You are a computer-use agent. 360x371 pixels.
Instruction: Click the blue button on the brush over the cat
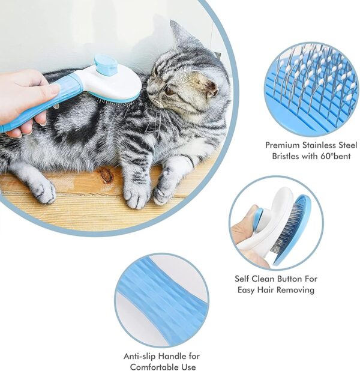[106, 65]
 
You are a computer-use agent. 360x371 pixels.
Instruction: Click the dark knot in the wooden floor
[106, 175]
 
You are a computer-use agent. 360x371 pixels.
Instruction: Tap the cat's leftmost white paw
[42, 192]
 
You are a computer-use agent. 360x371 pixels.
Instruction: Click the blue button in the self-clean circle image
[259, 219]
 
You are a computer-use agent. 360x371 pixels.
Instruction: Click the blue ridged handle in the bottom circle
[162, 300]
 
